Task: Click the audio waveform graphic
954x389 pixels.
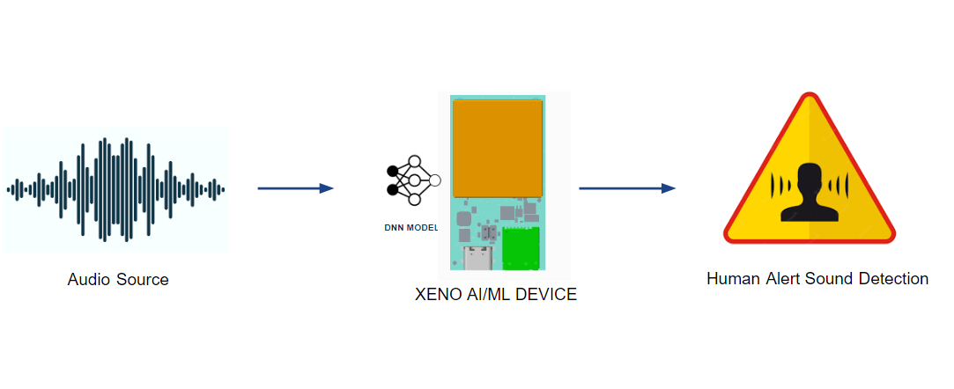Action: tap(115, 188)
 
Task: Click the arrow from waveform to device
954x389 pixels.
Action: tap(295, 188)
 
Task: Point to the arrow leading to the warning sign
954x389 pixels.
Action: tap(626, 188)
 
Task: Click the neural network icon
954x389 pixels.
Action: tap(412, 180)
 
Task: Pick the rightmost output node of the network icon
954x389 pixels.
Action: tap(433, 180)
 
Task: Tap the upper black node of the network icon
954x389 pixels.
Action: tap(392, 170)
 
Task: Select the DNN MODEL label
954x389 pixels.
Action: tap(410, 228)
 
